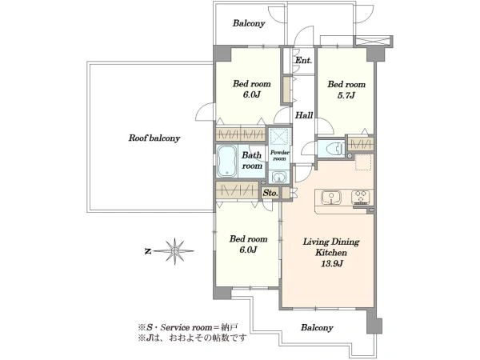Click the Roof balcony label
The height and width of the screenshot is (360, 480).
(x=154, y=138)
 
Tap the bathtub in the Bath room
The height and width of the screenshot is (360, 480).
(x=226, y=161)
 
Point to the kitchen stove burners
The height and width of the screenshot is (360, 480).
(x=361, y=197)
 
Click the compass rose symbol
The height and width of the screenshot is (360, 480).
(x=174, y=251)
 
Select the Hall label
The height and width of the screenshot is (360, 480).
(x=304, y=115)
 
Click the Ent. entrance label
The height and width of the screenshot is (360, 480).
(x=303, y=60)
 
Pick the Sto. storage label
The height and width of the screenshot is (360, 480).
(x=270, y=193)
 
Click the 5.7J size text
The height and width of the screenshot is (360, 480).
(x=346, y=95)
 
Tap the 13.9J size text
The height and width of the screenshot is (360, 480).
(x=331, y=263)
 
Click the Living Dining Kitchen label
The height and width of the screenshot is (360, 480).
(x=331, y=247)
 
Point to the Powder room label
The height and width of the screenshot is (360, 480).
(x=279, y=155)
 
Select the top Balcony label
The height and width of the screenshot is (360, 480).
(x=249, y=23)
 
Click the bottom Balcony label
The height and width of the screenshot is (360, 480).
(x=317, y=328)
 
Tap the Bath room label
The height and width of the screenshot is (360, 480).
(x=252, y=161)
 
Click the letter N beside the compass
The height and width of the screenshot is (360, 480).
(x=148, y=252)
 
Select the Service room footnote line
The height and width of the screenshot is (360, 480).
(x=188, y=327)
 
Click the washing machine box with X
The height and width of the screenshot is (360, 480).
(x=373, y=41)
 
